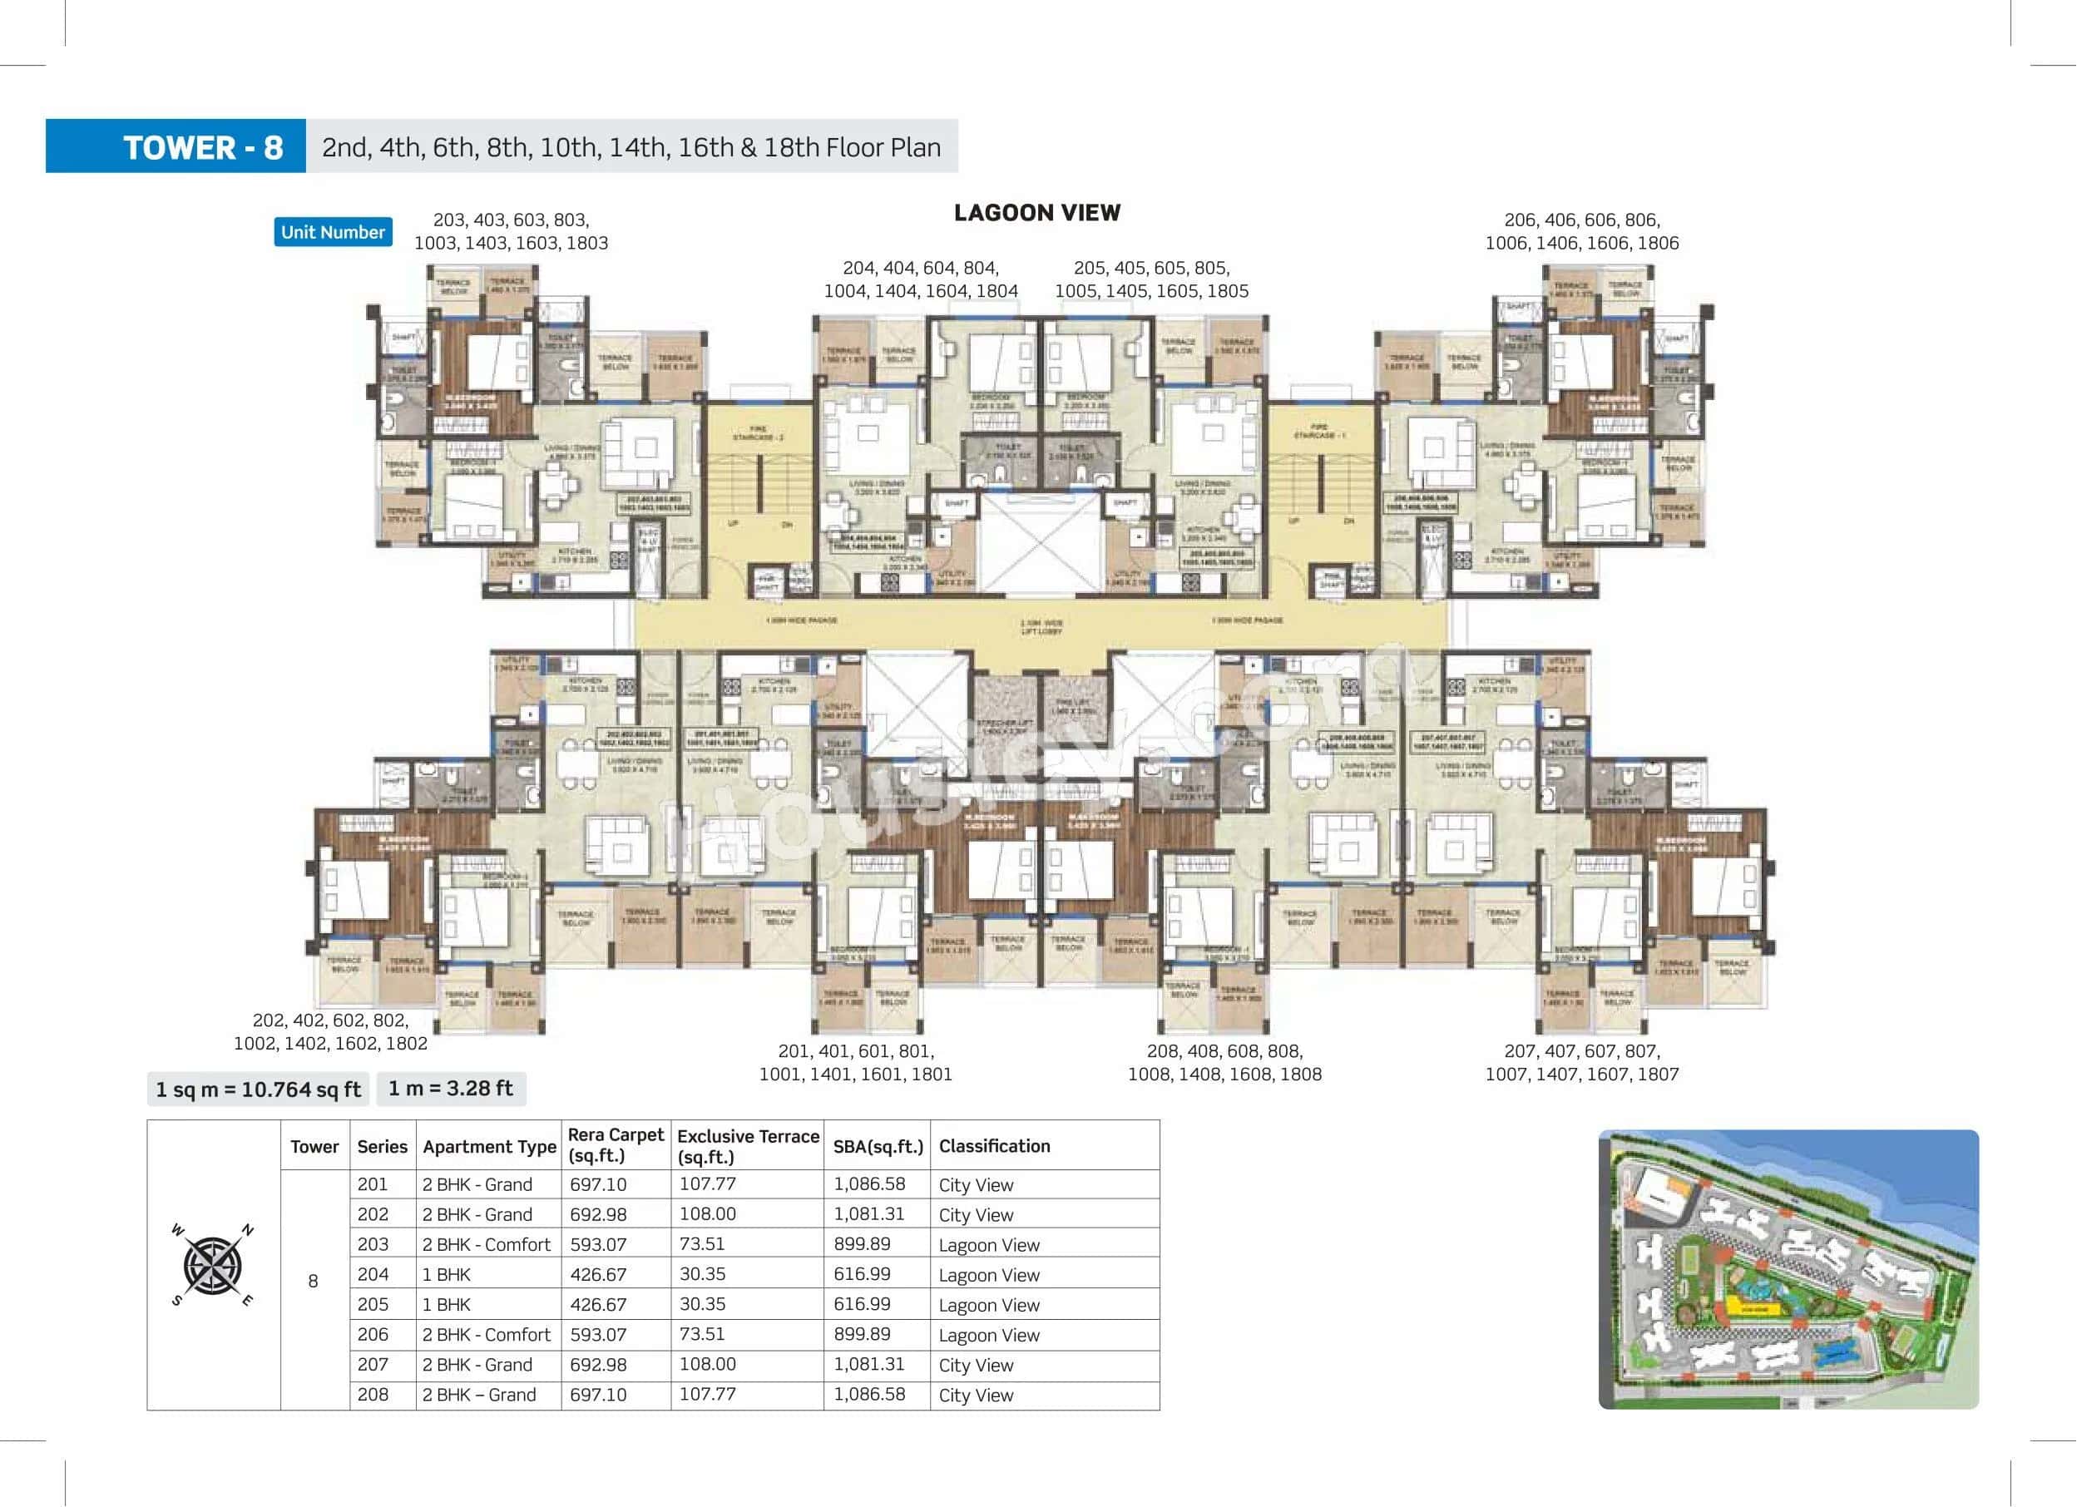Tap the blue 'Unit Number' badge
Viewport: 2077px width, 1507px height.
coord(333,232)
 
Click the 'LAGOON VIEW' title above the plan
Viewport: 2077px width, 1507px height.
coord(1036,212)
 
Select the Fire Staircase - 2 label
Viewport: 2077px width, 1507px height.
coord(758,433)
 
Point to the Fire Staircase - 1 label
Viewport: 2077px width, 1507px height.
coord(1319,432)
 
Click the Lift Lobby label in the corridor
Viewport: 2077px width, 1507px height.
coord(1041,626)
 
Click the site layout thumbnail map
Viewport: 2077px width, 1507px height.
coord(1788,1269)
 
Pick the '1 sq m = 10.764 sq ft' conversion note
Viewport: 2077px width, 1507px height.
coord(258,1089)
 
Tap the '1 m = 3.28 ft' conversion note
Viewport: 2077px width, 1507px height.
coord(450,1088)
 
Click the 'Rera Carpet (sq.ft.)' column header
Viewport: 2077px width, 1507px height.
coord(615,1144)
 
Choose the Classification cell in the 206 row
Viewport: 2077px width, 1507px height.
coord(989,1334)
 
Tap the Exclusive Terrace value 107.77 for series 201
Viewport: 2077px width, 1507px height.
coord(707,1183)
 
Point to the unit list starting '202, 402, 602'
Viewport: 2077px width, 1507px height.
coord(329,1031)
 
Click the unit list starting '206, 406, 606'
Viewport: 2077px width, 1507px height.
coord(1581,230)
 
